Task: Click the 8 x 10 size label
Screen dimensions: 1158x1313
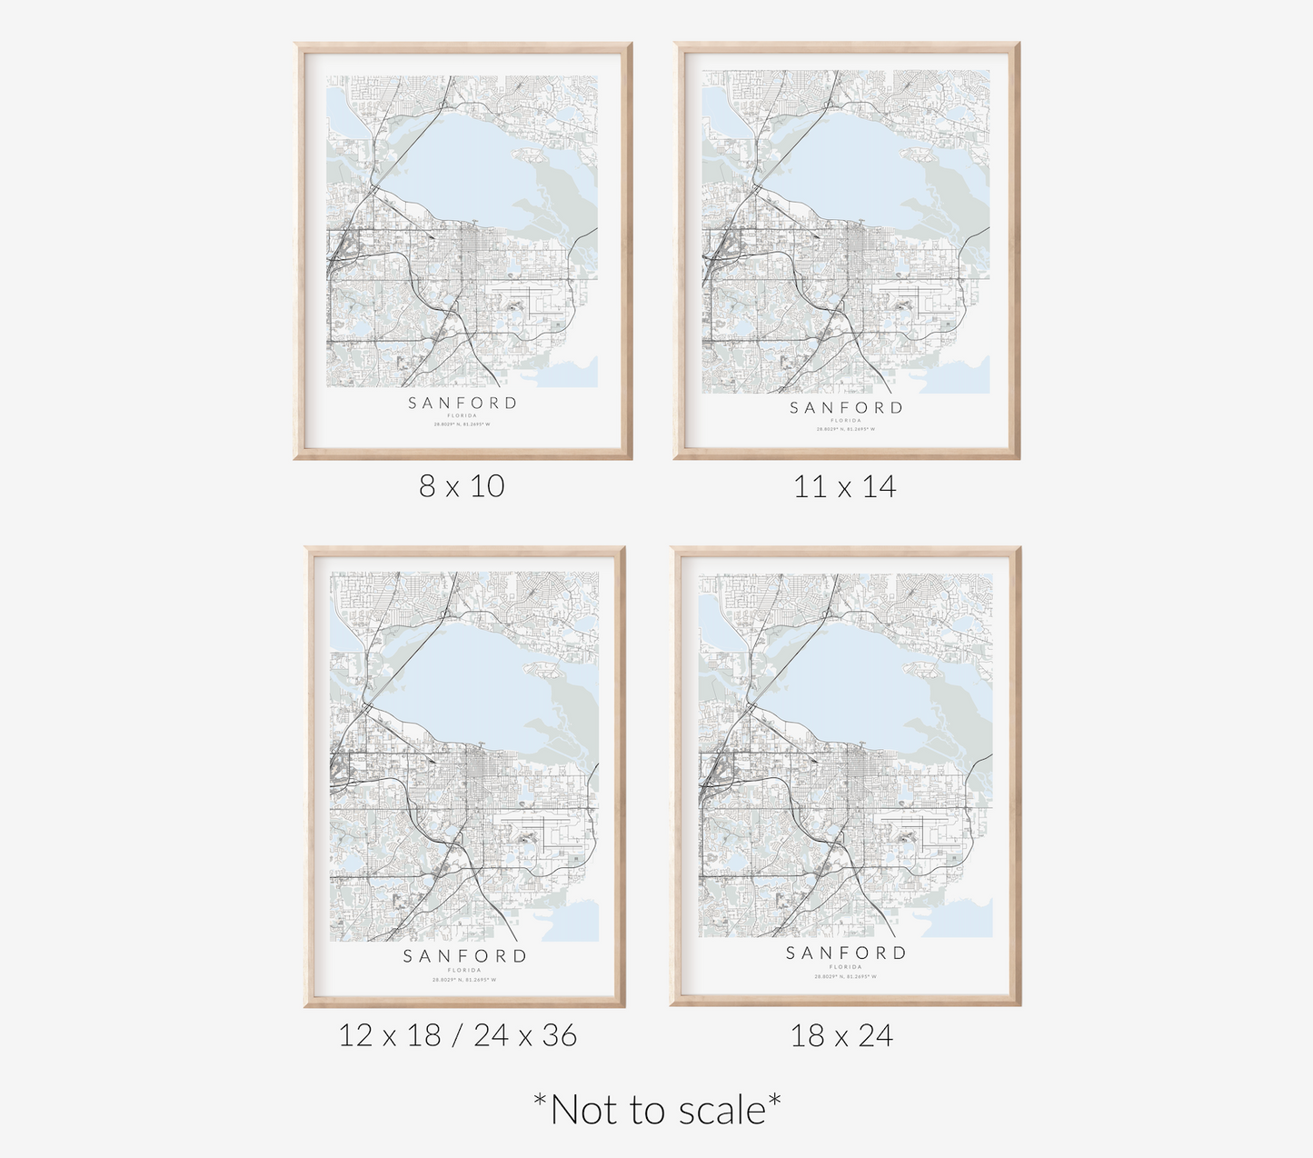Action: pos(462,486)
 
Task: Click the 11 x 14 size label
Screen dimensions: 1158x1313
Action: pos(845,487)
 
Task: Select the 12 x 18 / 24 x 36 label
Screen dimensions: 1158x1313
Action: pos(458,1035)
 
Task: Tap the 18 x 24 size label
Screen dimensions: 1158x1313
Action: pos(842,1035)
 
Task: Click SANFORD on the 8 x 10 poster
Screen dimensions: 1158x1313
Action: pos(463,403)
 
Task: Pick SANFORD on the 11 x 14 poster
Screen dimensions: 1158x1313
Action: pos(846,408)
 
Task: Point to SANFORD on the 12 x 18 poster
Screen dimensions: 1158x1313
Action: pos(465,956)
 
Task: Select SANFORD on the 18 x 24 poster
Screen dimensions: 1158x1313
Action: pos(846,953)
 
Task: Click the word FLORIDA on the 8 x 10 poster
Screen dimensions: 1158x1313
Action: pos(463,415)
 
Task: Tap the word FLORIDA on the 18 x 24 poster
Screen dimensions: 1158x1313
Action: pos(846,967)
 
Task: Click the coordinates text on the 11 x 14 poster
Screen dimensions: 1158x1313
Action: pos(846,429)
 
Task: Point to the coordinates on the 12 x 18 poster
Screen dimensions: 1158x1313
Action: pos(465,980)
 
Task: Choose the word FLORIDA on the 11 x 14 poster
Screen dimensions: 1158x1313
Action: pos(846,420)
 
